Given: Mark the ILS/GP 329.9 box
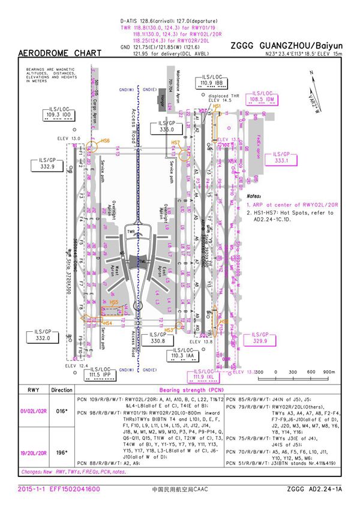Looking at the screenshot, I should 260,338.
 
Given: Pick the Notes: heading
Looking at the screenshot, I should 254,196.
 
